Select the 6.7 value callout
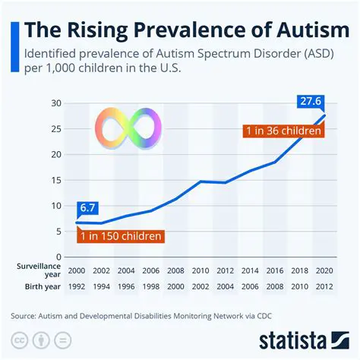click(x=86, y=207)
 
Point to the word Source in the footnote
click(x=28, y=314)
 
